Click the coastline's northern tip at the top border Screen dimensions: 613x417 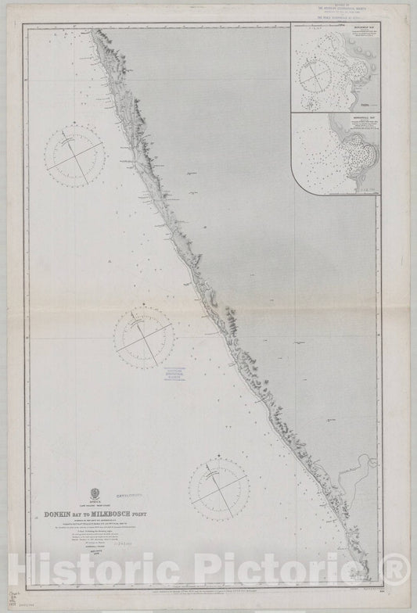click(x=92, y=29)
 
